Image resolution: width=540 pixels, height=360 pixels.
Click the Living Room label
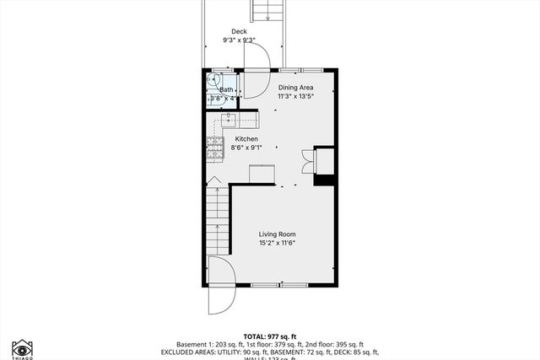click(277, 234)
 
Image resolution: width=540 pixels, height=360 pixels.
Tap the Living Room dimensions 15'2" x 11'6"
click(277, 244)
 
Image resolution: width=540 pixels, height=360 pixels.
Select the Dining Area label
click(296, 87)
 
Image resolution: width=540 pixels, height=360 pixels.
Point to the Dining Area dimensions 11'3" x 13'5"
click(296, 96)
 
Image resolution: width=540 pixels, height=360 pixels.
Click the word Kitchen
click(246, 139)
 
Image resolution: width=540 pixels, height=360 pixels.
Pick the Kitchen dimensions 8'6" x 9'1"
click(246, 148)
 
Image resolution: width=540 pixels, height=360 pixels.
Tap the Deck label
click(240, 32)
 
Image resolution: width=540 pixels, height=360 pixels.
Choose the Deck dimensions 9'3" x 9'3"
click(240, 40)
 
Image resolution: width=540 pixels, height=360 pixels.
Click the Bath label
click(226, 89)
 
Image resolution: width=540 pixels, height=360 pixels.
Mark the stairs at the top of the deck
click(267, 11)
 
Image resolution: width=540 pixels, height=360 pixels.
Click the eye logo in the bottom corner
click(21, 348)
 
